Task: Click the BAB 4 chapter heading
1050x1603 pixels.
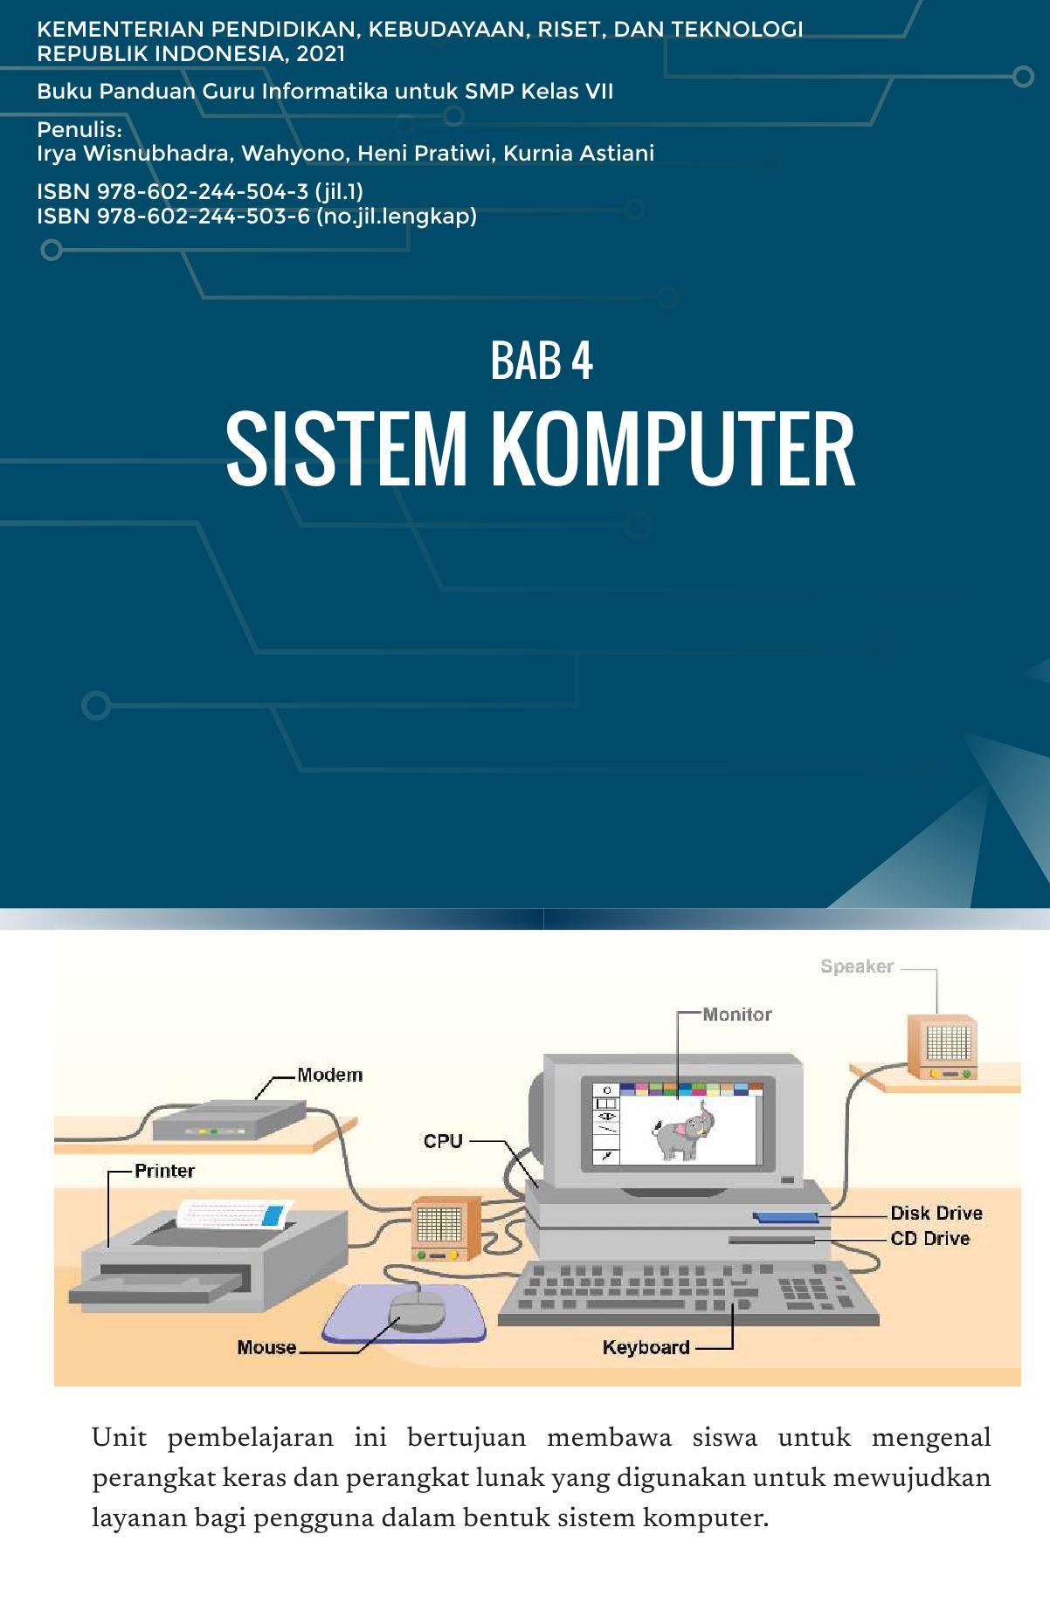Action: coord(542,360)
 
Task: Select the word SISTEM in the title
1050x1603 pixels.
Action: coord(347,451)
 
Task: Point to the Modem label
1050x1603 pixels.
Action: coord(329,1075)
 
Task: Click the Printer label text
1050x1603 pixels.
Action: coord(164,1171)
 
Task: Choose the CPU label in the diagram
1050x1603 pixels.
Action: coord(443,1141)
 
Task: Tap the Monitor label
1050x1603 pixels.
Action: coord(737,1015)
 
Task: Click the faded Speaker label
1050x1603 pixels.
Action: coord(857,967)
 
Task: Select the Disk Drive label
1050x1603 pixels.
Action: coord(936,1213)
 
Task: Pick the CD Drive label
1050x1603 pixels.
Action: coord(930,1238)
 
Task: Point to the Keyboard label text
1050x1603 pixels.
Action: coord(646,1347)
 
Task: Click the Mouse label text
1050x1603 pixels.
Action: coord(266,1347)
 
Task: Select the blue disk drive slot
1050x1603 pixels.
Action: coord(785,1215)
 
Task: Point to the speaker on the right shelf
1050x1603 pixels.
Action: coord(942,1047)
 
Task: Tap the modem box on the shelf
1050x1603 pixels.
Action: coord(229,1119)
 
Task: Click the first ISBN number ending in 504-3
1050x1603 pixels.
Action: coord(200,191)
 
